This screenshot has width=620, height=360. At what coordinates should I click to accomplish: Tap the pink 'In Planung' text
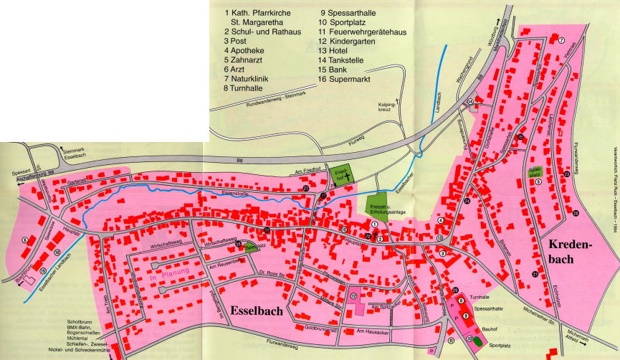click(169, 274)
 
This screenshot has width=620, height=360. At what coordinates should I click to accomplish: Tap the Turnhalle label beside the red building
click(482, 296)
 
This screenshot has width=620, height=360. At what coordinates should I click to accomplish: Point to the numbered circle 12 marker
click(353, 295)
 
